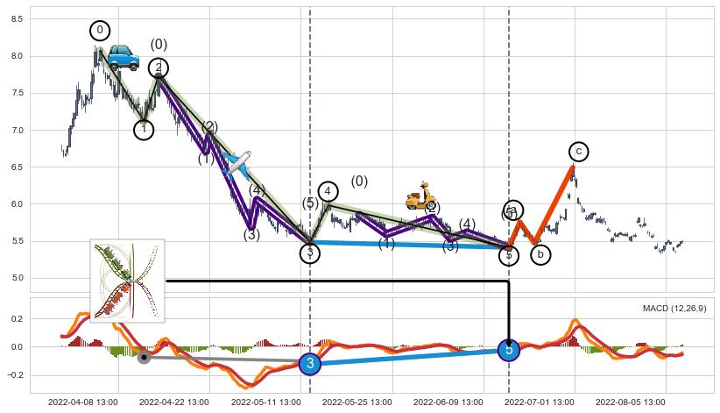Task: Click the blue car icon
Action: [x=124, y=58]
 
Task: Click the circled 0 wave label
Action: [x=100, y=31]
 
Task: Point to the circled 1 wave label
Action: [x=145, y=130]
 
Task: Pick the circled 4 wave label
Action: [x=328, y=191]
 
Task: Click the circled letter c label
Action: [x=578, y=152]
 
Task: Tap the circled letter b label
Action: [x=540, y=255]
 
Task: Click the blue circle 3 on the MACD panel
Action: [x=309, y=363]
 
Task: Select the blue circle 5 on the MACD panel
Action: [x=509, y=350]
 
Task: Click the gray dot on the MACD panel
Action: [x=144, y=357]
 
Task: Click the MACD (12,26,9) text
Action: [x=674, y=309]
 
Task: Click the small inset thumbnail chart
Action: [x=127, y=281]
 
